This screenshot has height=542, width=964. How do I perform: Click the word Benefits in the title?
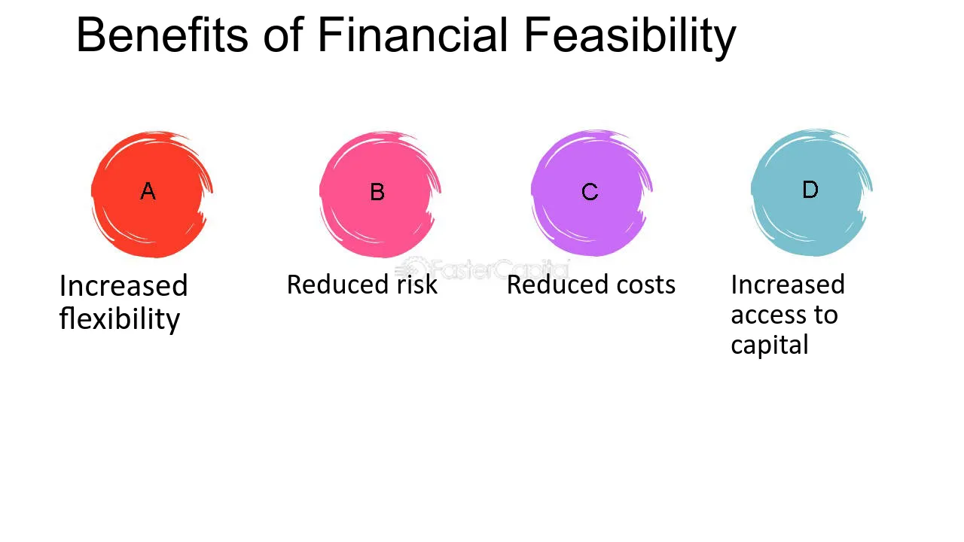coord(162,35)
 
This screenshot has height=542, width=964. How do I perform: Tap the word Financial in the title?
coord(413,35)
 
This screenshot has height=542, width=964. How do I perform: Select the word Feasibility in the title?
coord(630,38)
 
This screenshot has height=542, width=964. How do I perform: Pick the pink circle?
coord(380,194)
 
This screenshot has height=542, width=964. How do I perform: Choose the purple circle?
coord(592,193)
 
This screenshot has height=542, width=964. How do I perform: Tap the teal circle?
coord(812,192)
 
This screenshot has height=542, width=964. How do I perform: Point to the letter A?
coord(148,191)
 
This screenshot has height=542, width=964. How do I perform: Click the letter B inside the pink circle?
coord(377,192)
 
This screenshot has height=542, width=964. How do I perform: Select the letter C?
coord(590,192)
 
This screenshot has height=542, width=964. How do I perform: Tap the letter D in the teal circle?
coord(810,189)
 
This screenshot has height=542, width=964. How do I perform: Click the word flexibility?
coord(120,319)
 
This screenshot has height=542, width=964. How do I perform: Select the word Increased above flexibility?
coord(124,285)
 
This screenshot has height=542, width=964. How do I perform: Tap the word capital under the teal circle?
coord(770,346)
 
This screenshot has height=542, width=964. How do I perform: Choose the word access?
coord(768,315)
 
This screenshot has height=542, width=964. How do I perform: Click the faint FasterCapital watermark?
coord(482,269)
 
